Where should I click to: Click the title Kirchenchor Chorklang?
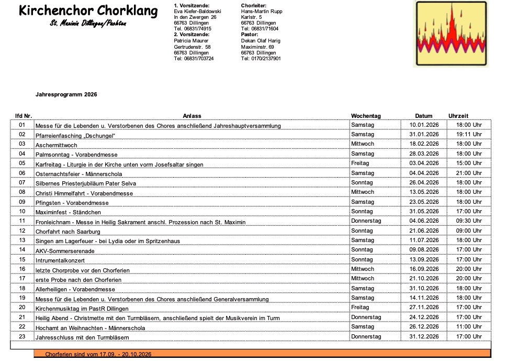(88, 11)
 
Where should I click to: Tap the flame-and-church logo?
(451, 34)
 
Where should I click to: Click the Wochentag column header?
(366, 116)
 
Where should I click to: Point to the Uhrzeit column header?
(458, 116)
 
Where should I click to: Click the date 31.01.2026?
(424, 135)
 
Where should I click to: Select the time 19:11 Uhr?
(469, 135)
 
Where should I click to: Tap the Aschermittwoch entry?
(56, 145)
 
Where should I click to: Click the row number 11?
(22, 221)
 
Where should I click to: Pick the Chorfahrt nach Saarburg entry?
(67, 231)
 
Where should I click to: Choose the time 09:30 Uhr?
(469, 221)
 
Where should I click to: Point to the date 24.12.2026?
(424, 317)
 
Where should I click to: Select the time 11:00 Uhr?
(469, 327)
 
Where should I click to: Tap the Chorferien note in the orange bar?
(98, 355)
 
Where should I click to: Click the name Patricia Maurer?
(191, 40)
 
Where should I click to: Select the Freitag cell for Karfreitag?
(361, 163)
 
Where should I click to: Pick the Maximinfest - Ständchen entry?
(68, 212)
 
